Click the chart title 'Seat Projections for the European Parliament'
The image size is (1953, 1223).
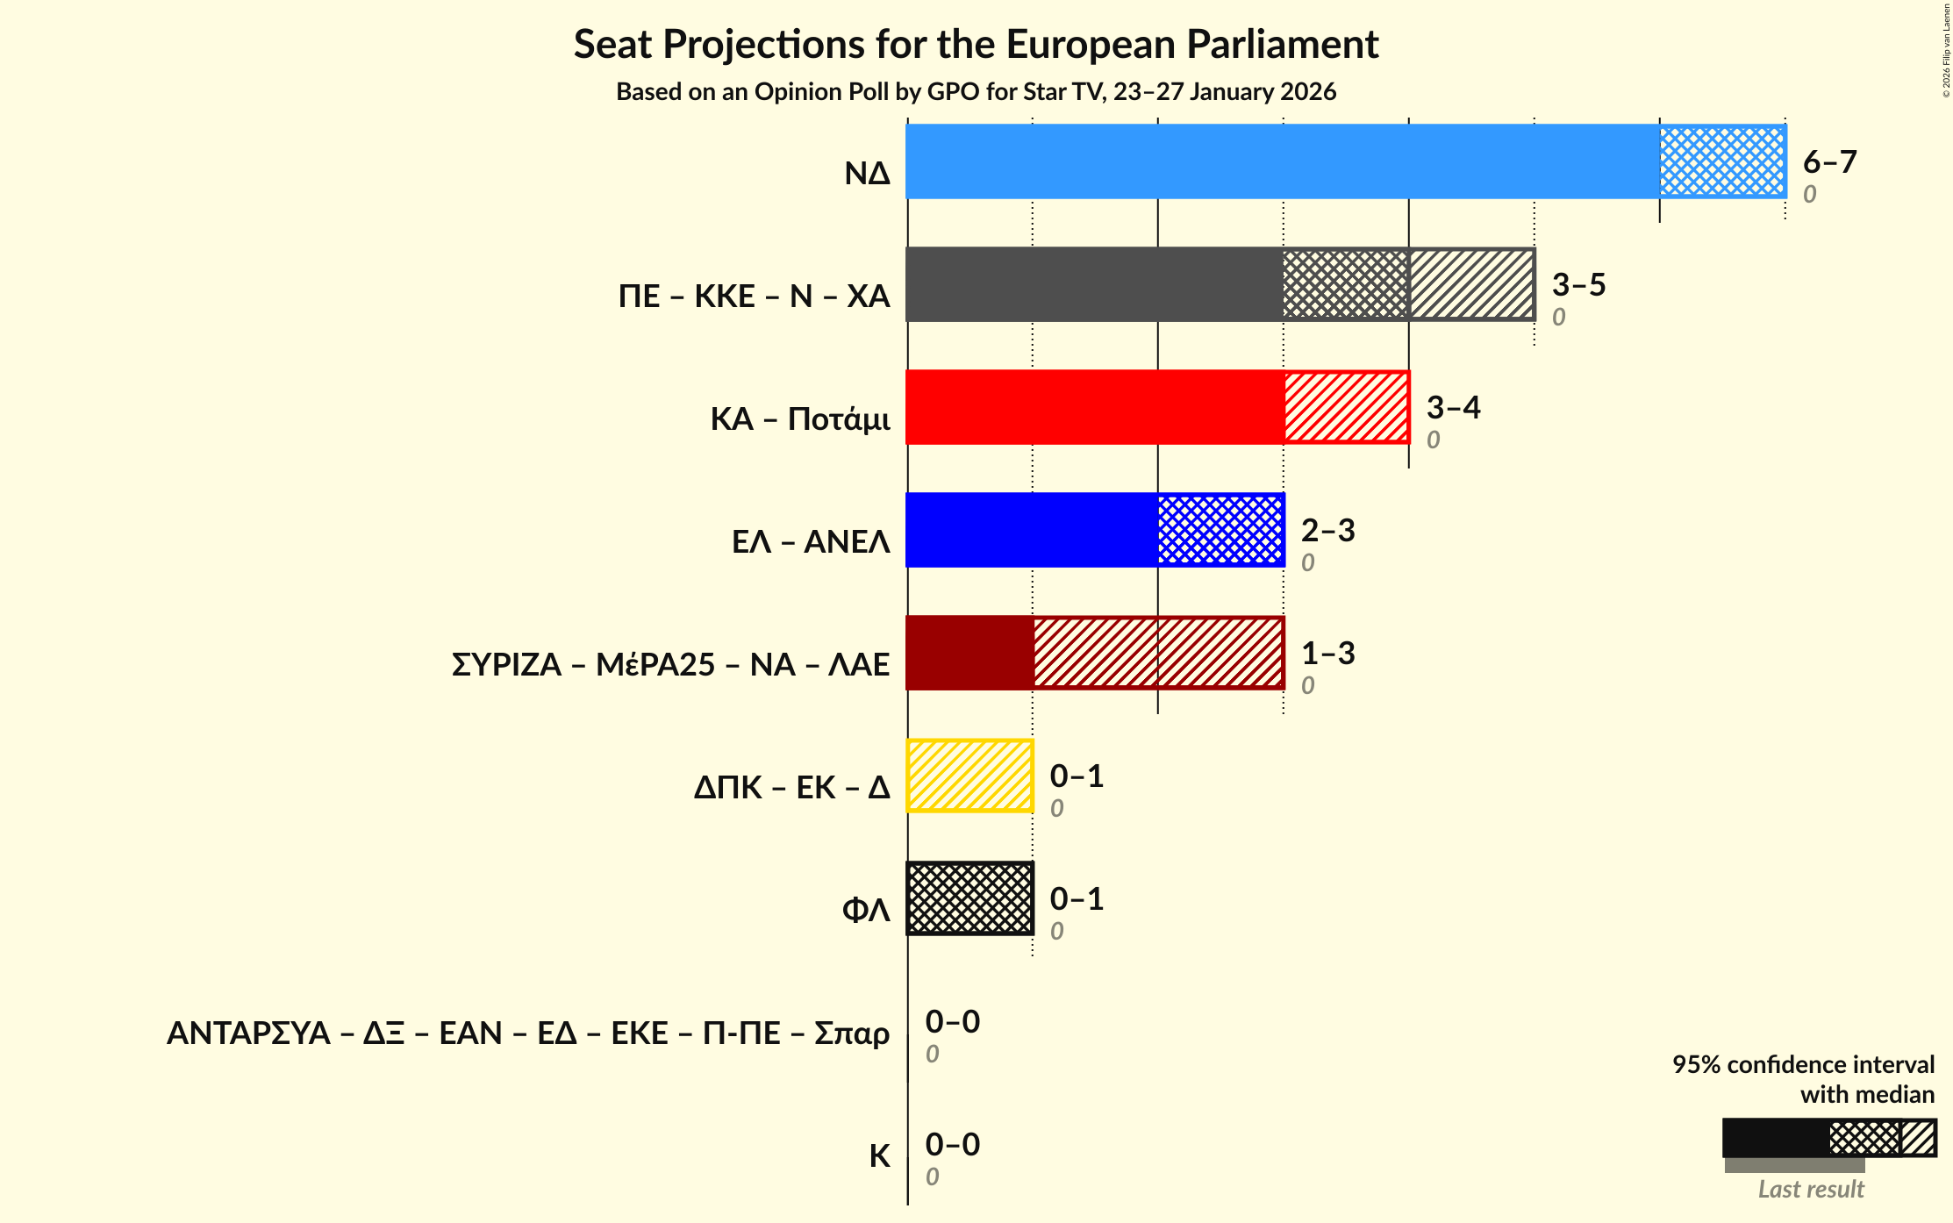976,45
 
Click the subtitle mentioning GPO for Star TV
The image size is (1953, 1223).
976,92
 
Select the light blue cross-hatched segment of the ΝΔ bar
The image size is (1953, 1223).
1721,161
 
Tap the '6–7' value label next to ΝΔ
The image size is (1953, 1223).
1829,162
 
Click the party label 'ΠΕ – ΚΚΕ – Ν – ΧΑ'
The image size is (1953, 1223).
754,297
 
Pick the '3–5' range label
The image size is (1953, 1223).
1578,285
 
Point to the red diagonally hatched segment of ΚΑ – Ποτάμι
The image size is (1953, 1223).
1346,407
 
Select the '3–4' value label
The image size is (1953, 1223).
1453,408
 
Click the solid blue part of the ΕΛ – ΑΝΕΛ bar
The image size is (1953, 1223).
1032,530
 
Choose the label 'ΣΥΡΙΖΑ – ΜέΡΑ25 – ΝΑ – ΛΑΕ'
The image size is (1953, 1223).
670,665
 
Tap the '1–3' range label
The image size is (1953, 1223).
1327,654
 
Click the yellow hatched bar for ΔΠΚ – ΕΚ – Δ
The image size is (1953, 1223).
969,776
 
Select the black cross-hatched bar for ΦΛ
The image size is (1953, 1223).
969,898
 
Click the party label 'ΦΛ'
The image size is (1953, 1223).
866,911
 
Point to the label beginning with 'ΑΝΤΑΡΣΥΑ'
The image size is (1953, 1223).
528,1033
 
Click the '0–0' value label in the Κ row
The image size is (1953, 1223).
952,1145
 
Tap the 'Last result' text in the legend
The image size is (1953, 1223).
1811,1190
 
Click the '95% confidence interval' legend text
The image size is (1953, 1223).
1803,1065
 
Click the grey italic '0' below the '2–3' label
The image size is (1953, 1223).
1307,563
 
